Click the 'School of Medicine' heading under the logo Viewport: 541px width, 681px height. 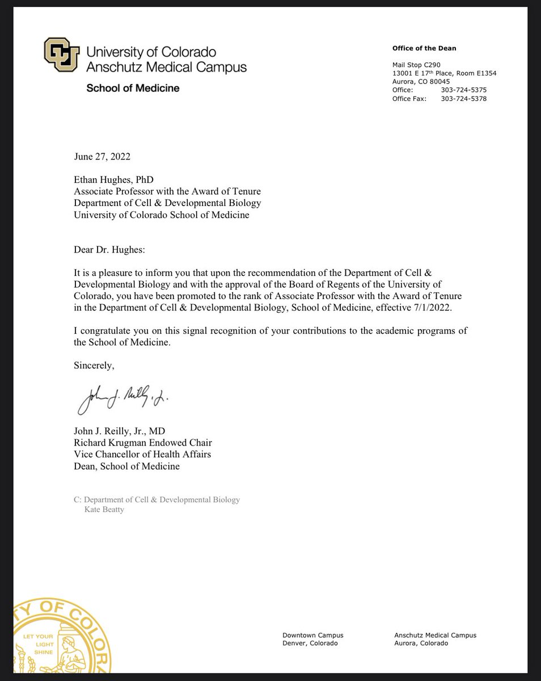132,88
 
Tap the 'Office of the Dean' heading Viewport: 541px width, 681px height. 424,48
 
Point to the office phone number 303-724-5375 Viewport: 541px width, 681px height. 463,90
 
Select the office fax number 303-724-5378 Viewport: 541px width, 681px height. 463,99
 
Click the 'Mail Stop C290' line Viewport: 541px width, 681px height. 416,65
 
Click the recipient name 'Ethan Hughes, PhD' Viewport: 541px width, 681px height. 109,179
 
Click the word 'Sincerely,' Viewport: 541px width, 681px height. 94,366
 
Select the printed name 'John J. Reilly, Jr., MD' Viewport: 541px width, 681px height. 120,431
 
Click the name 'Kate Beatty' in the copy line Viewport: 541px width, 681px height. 104,509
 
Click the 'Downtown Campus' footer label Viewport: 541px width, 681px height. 312,635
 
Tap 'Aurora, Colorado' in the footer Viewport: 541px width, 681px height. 421,644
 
